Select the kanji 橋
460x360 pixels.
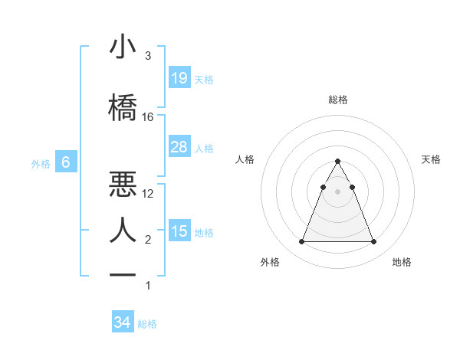point(123,106)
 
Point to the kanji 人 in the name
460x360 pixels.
point(123,228)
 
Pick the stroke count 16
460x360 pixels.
point(147,117)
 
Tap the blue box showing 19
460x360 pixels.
point(179,77)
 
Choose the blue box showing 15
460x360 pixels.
point(179,231)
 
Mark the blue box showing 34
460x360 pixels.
point(122,322)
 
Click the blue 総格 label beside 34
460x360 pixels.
point(148,324)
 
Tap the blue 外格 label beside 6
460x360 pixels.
point(41,163)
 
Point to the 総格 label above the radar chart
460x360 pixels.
point(338,100)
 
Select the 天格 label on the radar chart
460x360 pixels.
point(431,159)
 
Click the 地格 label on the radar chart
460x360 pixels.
point(402,262)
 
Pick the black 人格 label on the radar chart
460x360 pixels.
point(245,159)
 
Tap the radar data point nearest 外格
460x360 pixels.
point(301,242)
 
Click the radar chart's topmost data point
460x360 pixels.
point(337,162)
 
